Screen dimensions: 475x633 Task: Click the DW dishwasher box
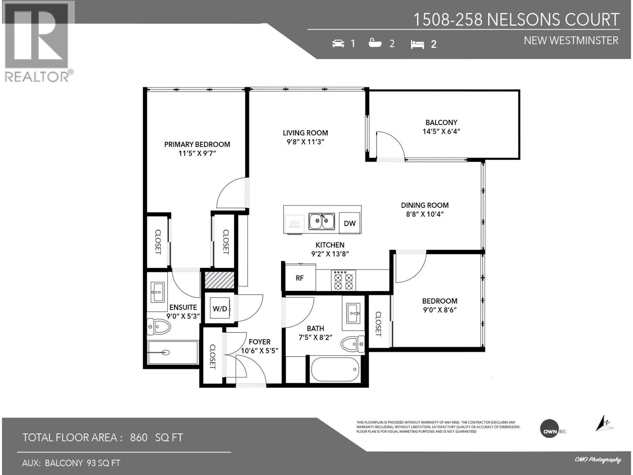[x=350, y=223]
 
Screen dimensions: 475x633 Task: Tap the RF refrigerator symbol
[x=299, y=278]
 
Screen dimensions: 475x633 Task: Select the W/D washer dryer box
[x=220, y=309]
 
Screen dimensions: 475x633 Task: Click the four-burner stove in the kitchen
[x=343, y=280]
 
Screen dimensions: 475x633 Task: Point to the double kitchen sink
[x=322, y=221]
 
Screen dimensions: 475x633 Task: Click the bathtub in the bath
[x=335, y=370]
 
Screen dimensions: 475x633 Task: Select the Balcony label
[x=441, y=122]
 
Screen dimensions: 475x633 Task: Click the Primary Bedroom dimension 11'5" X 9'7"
[x=197, y=154]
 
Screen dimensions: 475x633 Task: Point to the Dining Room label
[x=425, y=205]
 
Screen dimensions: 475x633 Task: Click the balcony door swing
[x=390, y=145]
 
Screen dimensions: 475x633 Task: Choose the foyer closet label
[x=212, y=357]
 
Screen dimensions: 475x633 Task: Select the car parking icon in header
[x=338, y=43]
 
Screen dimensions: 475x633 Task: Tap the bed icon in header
[x=417, y=44]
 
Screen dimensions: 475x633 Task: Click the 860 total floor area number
[x=138, y=437]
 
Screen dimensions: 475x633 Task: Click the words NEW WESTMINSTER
[x=570, y=40]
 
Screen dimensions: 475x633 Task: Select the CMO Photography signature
[x=597, y=460]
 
